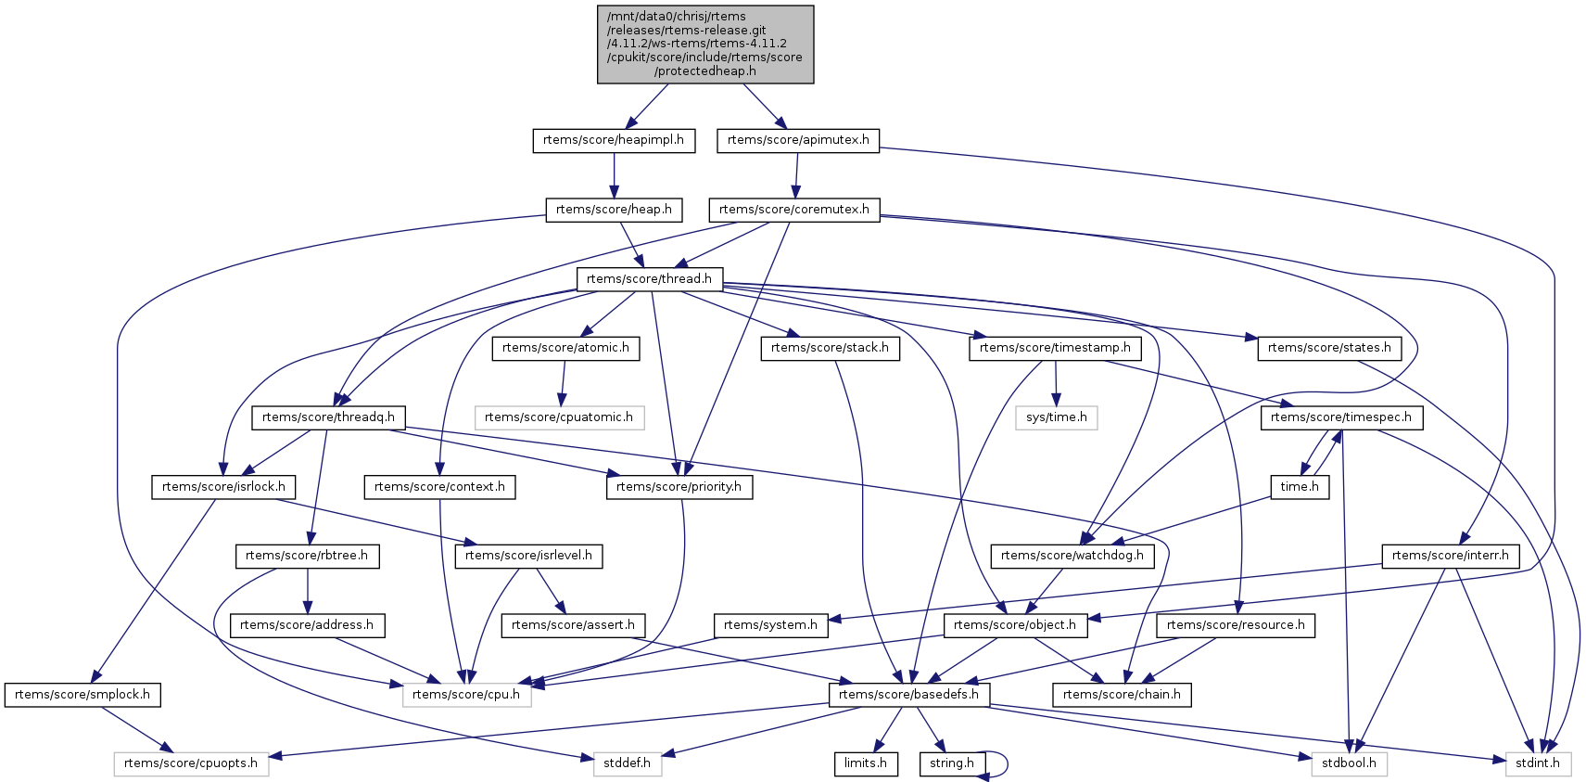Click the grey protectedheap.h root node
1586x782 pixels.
click(x=704, y=45)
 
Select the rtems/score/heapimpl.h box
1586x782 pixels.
click(x=613, y=140)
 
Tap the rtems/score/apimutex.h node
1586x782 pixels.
click(x=798, y=140)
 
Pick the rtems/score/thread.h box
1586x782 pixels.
click(x=649, y=278)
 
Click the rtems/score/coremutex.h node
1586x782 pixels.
click(x=793, y=210)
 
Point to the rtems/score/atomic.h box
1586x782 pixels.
click(x=565, y=348)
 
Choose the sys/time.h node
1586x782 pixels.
click(x=1056, y=417)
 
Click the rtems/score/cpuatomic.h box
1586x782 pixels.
click(x=558, y=417)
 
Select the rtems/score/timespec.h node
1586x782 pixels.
click(x=1340, y=417)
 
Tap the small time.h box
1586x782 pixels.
click(x=1299, y=487)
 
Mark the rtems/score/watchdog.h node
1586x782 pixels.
click(x=1072, y=556)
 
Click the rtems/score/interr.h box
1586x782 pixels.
click(x=1450, y=556)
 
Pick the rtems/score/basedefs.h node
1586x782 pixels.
click(x=908, y=695)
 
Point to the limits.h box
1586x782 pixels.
click(x=865, y=763)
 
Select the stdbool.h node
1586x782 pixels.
click(x=1349, y=763)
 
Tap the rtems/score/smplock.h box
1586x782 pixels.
click(x=82, y=695)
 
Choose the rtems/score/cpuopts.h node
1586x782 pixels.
click(x=190, y=763)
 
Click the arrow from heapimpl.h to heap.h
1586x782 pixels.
click(x=613, y=174)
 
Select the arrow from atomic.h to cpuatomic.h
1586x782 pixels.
click(x=562, y=382)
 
